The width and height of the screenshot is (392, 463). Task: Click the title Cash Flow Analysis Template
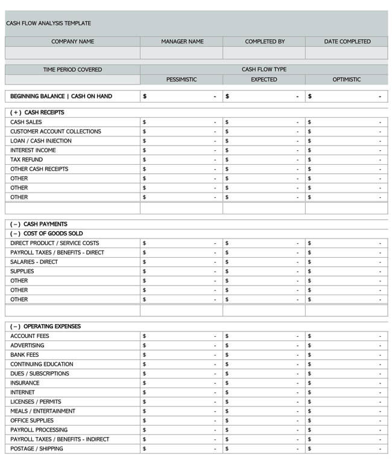(48, 23)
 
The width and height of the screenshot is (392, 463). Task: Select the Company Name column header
(72, 42)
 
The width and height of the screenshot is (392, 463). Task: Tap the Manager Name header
(182, 42)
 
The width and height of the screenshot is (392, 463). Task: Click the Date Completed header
(347, 42)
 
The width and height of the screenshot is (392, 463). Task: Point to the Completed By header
(265, 42)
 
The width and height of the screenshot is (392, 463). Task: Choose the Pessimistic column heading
(182, 80)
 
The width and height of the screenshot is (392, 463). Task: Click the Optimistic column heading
(347, 80)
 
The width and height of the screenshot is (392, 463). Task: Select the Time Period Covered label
(72, 69)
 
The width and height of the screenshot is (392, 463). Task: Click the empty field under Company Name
(72, 53)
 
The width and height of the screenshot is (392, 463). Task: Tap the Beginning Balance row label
(61, 96)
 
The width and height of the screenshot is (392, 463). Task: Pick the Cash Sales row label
(26, 122)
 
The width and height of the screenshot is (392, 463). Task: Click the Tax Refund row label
(27, 160)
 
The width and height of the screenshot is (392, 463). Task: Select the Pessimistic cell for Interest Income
(181, 150)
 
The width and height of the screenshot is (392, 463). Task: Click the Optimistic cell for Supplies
(346, 272)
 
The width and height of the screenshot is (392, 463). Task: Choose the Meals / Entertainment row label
(43, 411)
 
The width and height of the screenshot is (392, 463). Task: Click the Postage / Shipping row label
(36, 449)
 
